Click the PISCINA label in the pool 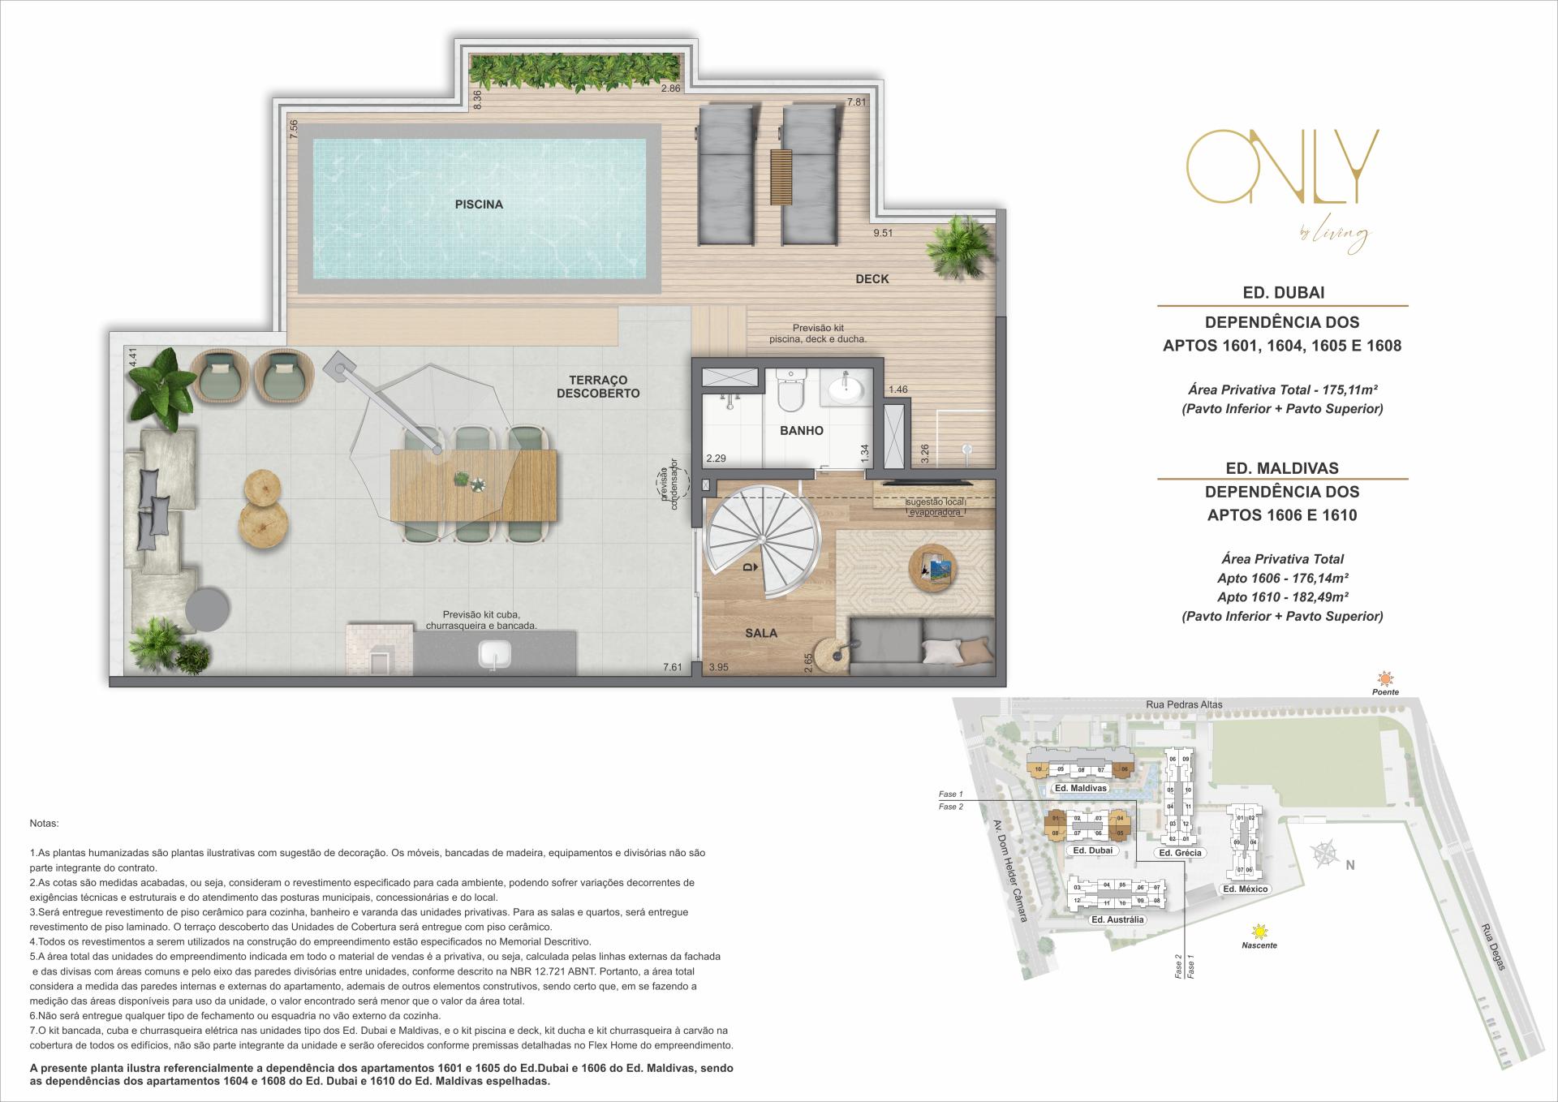[x=479, y=204]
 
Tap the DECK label [x=872, y=279]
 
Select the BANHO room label [x=801, y=431]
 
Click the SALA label [x=760, y=633]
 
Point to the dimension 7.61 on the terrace [x=672, y=668]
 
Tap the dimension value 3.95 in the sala [x=718, y=668]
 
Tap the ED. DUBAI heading [x=1283, y=292]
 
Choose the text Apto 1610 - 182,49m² [x=1282, y=597]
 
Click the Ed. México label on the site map [x=1245, y=889]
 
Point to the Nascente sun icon [x=1259, y=931]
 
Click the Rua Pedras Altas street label [x=1184, y=704]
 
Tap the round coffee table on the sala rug [x=932, y=569]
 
